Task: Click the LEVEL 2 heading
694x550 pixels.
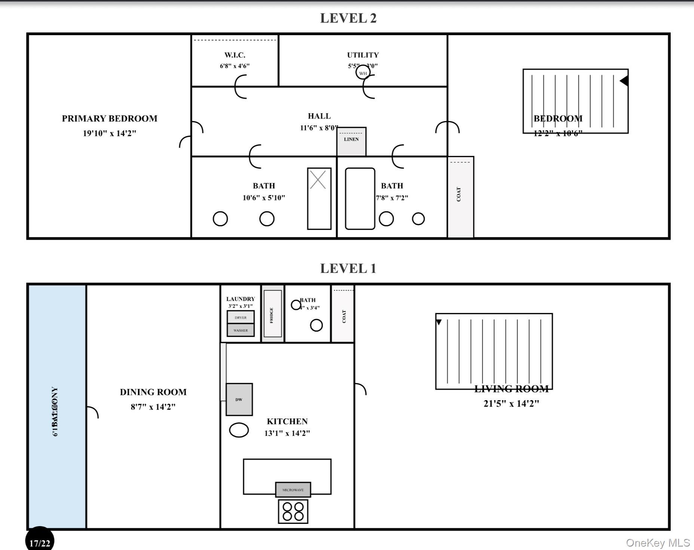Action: pyautogui.click(x=348, y=18)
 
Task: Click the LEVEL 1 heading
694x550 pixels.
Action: pyautogui.click(x=348, y=268)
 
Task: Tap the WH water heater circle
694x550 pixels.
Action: pyautogui.click(x=363, y=73)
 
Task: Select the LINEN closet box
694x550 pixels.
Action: pyautogui.click(x=351, y=141)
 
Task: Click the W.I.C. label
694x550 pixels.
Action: pyautogui.click(x=235, y=55)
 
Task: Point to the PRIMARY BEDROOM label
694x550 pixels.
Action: pyautogui.click(x=109, y=119)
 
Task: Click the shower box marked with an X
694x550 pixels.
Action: pyautogui.click(x=319, y=198)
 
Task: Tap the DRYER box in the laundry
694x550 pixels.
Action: pyautogui.click(x=241, y=317)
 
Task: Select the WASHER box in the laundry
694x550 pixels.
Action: pyautogui.click(x=241, y=330)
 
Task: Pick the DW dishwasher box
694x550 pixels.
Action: pyautogui.click(x=239, y=399)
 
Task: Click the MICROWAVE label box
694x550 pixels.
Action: pyautogui.click(x=293, y=489)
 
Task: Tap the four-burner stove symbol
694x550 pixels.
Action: pyautogui.click(x=293, y=511)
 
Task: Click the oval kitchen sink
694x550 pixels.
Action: pyautogui.click(x=239, y=430)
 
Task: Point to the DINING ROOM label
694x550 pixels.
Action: pyautogui.click(x=153, y=392)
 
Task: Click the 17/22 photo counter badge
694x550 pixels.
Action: pyautogui.click(x=40, y=543)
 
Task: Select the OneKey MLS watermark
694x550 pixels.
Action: pyautogui.click(x=658, y=543)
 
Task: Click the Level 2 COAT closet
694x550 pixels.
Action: pyautogui.click(x=461, y=197)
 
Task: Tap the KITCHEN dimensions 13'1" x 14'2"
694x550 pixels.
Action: pyautogui.click(x=287, y=433)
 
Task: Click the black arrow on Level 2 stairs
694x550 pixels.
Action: pyautogui.click(x=624, y=81)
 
